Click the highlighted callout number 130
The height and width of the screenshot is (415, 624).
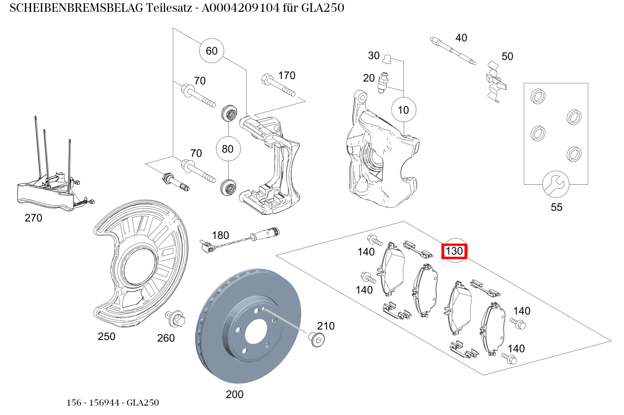(x=454, y=252)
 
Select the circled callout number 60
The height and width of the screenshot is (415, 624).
(x=212, y=50)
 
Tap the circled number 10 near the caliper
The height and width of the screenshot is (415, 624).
(x=403, y=110)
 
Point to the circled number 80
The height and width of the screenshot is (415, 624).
(x=228, y=149)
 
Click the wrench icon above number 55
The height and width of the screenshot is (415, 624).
(x=555, y=184)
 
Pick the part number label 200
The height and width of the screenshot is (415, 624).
(x=234, y=394)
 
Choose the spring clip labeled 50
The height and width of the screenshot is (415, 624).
(x=496, y=81)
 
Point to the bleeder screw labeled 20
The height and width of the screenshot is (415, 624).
(x=384, y=82)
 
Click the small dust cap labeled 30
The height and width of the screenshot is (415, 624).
(x=387, y=59)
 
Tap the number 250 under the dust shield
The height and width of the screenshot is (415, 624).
(x=106, y=336)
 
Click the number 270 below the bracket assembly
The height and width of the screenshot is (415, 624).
(x=33, y=218)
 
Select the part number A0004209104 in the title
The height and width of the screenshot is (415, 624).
(x=241, y=8)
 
